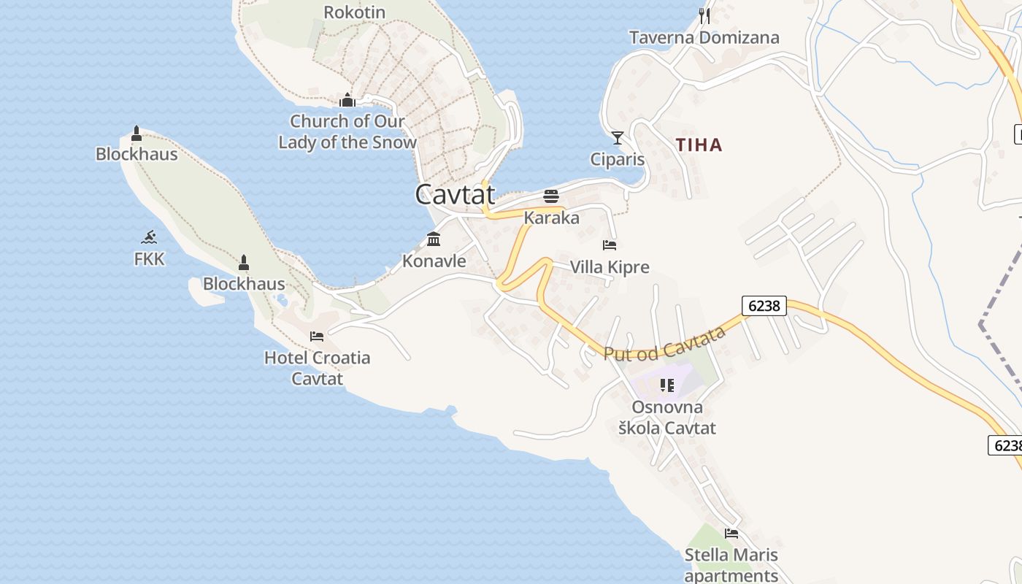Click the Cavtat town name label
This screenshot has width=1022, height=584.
coord(455,194)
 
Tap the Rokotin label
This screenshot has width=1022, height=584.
coord(354,12)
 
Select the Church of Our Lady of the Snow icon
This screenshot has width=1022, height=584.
coord(347,100)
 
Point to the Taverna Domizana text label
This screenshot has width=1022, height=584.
coord(704,37)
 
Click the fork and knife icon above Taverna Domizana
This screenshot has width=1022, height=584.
coord(704,15)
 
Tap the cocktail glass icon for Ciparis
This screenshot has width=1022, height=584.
coord(618,138)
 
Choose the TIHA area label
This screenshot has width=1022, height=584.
coord(699,145)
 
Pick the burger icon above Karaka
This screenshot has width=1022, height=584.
coord(551,196)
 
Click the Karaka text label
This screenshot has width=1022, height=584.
coord(551,218)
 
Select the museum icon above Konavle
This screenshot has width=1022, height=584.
coord(434,239)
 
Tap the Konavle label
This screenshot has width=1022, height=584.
coord(434,261)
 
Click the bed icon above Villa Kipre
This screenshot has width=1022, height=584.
coord(610,245)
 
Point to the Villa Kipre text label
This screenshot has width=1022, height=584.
coord(610,267)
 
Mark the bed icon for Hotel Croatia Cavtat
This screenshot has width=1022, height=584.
coord(317,337)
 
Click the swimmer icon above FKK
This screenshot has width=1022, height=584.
coord(150,237)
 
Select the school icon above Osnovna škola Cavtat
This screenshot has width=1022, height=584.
coord(666,385)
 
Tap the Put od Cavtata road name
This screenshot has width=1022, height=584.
coord(664,343)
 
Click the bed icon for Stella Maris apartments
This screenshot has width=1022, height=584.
coord(731,534)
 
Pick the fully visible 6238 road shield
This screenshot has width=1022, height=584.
coord(764,306)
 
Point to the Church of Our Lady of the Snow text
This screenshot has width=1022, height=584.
coord(347,131)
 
